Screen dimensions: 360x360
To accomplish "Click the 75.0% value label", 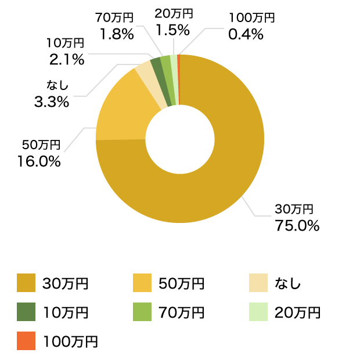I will (x=297, y=226).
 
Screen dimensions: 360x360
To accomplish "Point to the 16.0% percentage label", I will (x=39, y=161).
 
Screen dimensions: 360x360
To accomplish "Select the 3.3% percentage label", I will (x=52, y=103).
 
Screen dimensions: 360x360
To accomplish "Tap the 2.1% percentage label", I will (x=67, y=59).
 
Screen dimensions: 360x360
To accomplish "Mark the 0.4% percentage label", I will (x=246, y=34).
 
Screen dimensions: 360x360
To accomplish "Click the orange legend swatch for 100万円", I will (x=27, y=341).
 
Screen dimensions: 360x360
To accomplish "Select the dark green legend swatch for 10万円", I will (x=27, y=312).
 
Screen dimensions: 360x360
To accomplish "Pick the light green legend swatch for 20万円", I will (x=258, y=312).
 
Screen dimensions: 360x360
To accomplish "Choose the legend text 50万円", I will (x=181, y=284).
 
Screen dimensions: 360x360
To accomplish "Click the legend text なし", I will (x=288, y=284).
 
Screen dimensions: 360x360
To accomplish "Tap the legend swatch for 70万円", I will (x=143, y=312).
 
